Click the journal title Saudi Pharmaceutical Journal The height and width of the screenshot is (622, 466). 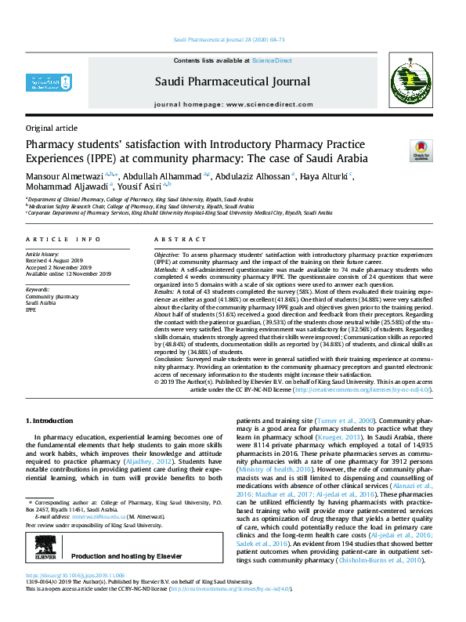pyautogui.click(x=233, y=81)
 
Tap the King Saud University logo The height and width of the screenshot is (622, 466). pyautogui.click(x=42, y=81)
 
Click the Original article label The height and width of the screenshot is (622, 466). pyautogui.click(x=52, y=128)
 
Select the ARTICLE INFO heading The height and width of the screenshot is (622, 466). pyautogui.click(x=63, y=239)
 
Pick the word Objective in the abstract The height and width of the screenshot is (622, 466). pyautogui.click(x=166, y=255)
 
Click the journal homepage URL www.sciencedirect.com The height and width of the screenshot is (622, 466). pyautogui.click(x=269, y=103)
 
